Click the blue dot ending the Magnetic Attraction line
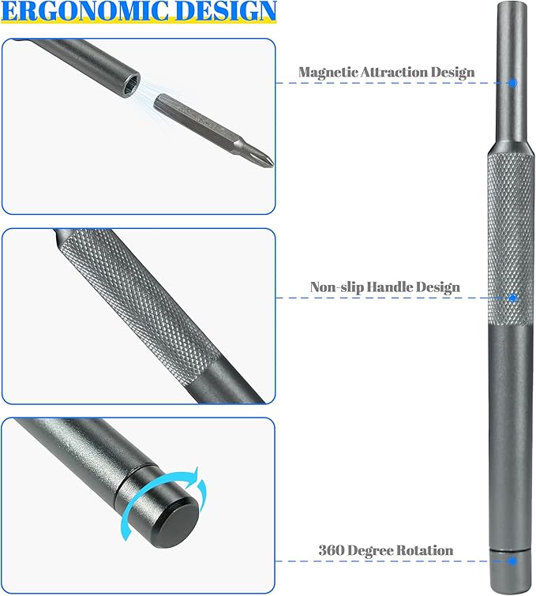click(512, 82)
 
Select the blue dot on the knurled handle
click(512, 298)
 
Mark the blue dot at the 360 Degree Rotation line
click(512, 560)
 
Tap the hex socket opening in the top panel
click(130, 84)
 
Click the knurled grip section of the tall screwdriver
click(510, 237)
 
